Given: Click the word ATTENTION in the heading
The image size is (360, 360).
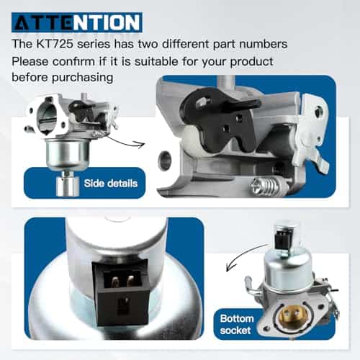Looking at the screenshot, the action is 77,22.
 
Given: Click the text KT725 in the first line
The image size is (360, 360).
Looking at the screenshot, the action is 55,44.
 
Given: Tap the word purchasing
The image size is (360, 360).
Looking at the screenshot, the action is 82,78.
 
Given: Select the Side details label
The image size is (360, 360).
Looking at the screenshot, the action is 111,184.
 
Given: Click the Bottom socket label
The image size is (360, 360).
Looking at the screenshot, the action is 237,325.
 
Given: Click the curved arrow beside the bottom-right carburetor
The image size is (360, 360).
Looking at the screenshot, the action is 245,256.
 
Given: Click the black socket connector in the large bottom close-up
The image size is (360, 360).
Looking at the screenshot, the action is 122,293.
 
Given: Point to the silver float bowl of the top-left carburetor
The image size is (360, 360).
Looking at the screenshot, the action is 68,153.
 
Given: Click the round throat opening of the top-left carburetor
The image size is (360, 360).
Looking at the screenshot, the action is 47,118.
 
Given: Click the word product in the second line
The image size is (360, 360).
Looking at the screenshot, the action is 251,62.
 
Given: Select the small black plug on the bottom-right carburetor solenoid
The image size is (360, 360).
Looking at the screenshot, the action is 283,240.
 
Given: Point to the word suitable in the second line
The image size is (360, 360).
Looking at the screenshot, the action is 156,62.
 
